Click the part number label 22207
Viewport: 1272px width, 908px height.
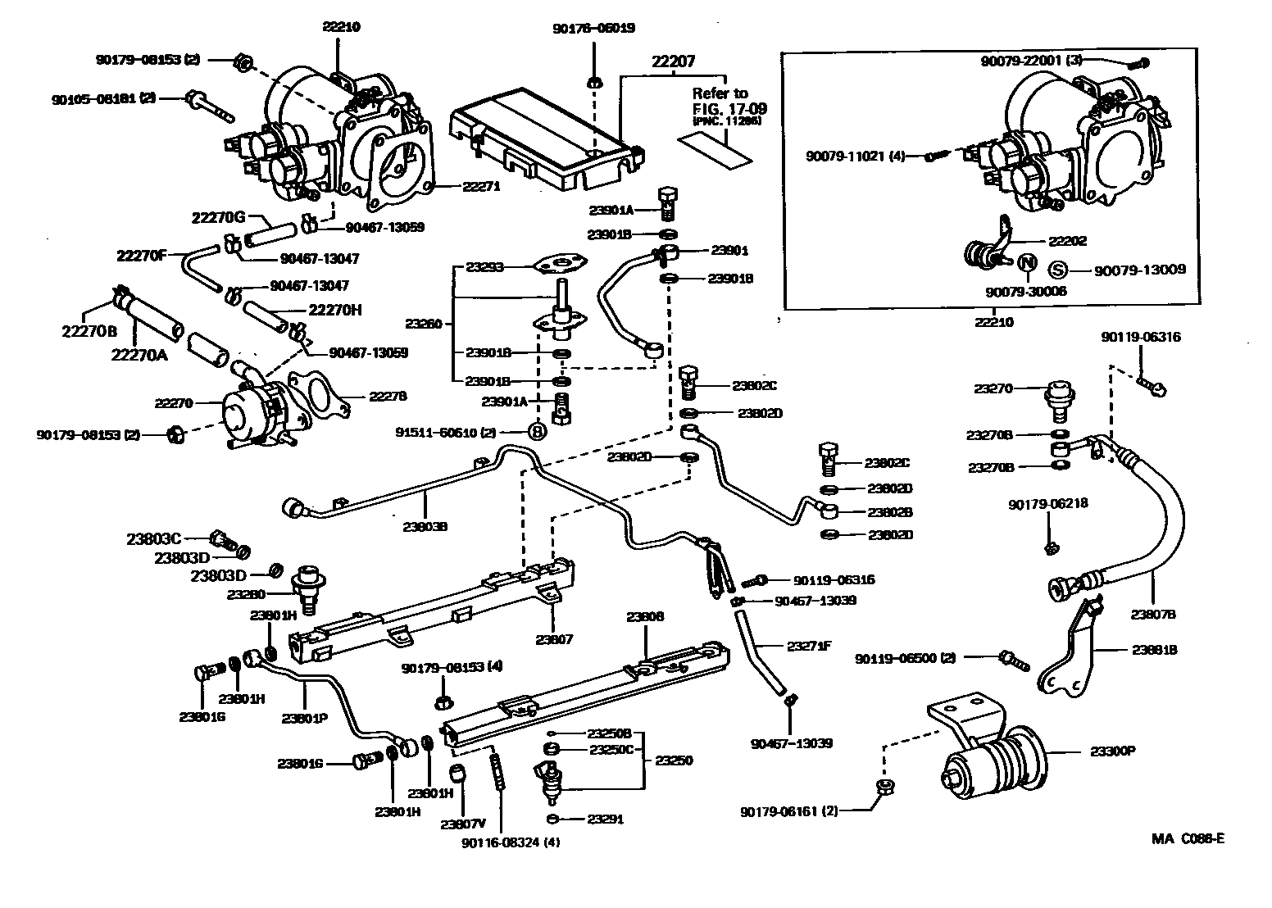click(x=673, y=61)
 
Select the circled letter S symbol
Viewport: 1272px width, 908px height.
click(x=1058, y=270)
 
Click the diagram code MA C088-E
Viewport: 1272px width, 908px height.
click(x=1188, y=838)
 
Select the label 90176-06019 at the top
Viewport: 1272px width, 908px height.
click(x=594, y=27)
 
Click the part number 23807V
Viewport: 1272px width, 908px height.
click(x=463, y=824)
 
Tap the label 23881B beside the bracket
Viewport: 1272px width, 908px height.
click(x=1155, y=650)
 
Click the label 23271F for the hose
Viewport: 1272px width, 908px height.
click(x=809, y=646)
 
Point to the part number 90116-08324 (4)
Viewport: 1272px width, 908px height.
click(x=511, y=842)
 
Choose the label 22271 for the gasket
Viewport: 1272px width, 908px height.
click(x=481, y=186)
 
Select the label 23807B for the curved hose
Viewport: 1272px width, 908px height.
click(x=1153, y=613)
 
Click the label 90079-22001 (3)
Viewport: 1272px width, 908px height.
click(x=1032, y=61)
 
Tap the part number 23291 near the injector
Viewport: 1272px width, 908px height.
click(x=606, y=819)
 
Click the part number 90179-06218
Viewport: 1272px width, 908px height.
click(x=1048, y=504)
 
